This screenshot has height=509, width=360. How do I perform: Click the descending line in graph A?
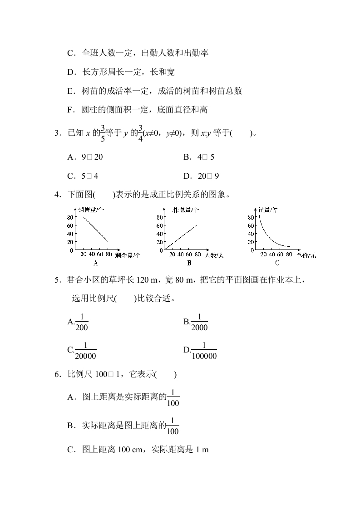click(x=95, y=229)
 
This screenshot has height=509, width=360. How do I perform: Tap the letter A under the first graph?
click(x=96, y=263)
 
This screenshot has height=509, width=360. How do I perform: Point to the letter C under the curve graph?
click(x=276, y=263)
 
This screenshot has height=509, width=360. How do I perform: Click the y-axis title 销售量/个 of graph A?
click(x=91, y=210)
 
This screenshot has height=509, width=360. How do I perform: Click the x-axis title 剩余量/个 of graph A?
click(x=128, y=255)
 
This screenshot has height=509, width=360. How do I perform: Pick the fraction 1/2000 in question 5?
click(x=199, y=322)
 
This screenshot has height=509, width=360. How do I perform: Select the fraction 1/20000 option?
click(x=85, y=350)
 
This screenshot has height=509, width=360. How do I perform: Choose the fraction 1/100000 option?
click(x=204, y=350)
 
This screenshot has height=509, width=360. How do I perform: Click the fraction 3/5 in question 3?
click(x=103, y=132)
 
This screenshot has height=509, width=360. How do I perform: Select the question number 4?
click(x=57, y=196)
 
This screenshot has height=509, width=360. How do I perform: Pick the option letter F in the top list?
click(x=70, y=109)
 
